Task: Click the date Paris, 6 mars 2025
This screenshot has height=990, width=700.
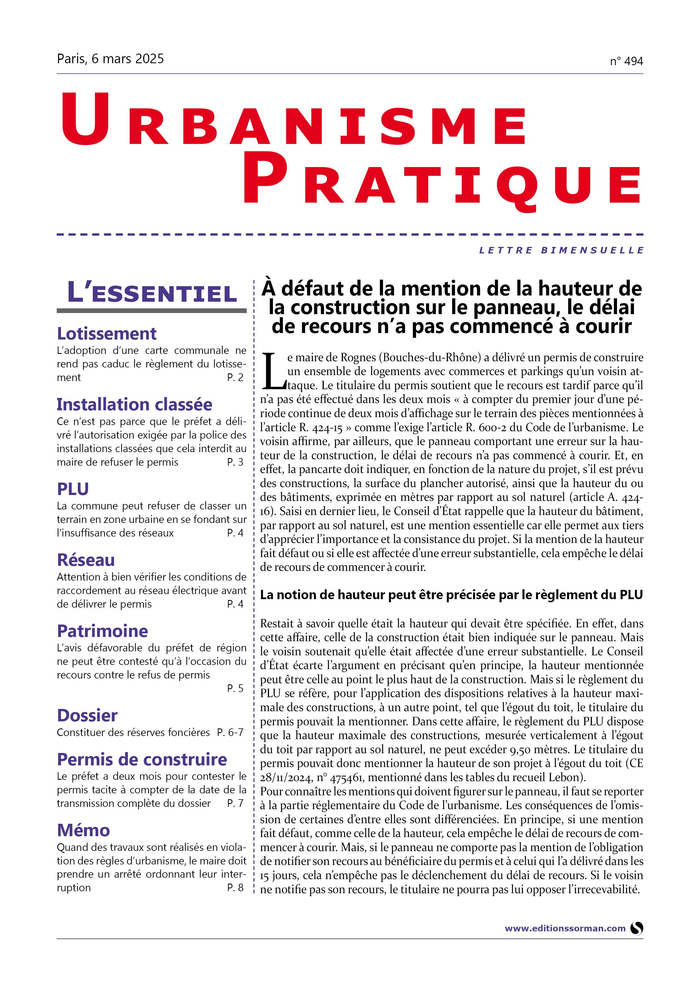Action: pyautogui.click(x=110, y=59)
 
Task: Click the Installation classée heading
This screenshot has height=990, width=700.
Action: pyautogui.click(x=135, y=404)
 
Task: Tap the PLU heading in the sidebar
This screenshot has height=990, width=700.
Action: pyautogui.click(x=73, y=489)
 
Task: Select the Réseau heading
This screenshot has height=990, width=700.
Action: pyautogui.click(x=86, y=560)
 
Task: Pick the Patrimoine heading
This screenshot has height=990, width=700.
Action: pyautogui.click(x=103, y=631)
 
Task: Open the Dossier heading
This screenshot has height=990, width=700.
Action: pyautogui.click(x=87, y=715)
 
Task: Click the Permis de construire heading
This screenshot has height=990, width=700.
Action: pyautogui.click(x=142, y=759)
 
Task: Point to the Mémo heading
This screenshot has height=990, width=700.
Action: pyautogui.click(x=84, y=830)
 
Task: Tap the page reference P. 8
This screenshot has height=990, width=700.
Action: pyautogui.click(x=235, y=887)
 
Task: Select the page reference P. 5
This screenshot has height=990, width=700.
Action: pyautogui.click(x=235, y=688)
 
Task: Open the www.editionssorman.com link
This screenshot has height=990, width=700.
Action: pyautogui.click(x=565, y=928)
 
